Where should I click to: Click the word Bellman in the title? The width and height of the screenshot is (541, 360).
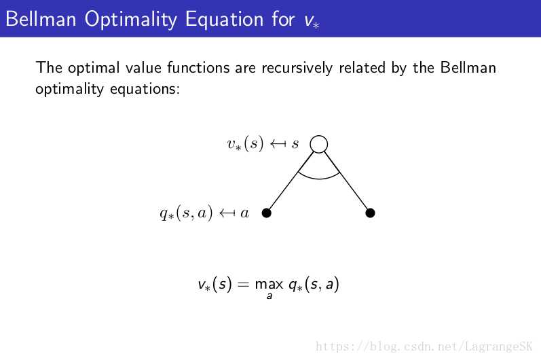(x=41, y=18)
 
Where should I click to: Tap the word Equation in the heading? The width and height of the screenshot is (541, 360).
(x=225, y=19)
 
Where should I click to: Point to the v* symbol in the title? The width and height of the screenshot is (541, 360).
(x=312, y=21)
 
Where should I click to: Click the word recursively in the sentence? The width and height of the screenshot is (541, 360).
(x=297, y=68)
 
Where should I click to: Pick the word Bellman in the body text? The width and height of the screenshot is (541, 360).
(x=468, y=67)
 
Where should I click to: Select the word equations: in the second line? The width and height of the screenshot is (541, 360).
(x=145, y=90)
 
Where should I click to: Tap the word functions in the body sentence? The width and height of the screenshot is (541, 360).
(x=198, y=67)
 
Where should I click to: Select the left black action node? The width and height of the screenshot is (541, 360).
(x=266, y=213)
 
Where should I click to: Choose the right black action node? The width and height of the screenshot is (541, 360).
(x=370, y=213)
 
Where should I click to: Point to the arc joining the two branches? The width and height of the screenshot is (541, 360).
(x=319, y=179)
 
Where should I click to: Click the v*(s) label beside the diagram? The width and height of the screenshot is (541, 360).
(x=245, y=143)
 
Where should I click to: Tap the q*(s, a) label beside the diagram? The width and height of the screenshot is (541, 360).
(x=186, y=213)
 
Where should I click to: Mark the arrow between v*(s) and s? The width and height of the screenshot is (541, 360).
(x=278, y=143)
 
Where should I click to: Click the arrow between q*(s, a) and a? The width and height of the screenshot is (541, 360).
(x=227, y=213)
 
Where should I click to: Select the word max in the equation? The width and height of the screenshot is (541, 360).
(x=269, y=285)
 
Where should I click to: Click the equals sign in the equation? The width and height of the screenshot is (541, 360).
(x=243, y=285)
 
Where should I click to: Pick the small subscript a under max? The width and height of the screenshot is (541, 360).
(x=269, y=296)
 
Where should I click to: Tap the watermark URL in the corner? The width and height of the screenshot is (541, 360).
(x=424, y=346)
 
